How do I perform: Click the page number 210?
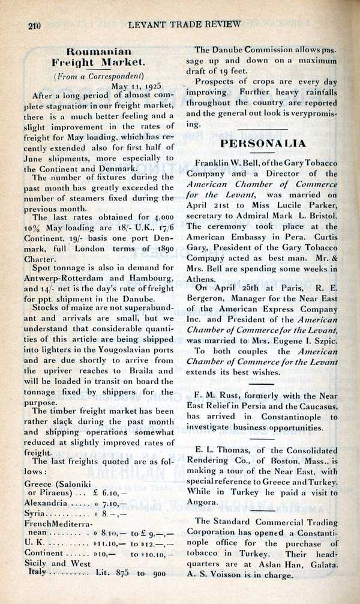click(x=34, y=25)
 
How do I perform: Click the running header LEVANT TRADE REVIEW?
click(x=184, y=24)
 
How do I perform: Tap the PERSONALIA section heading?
click(x=264, y=143)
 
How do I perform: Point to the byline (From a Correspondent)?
click(x=99, y=76)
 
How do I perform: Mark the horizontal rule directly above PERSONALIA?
click(x=264, y=128)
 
